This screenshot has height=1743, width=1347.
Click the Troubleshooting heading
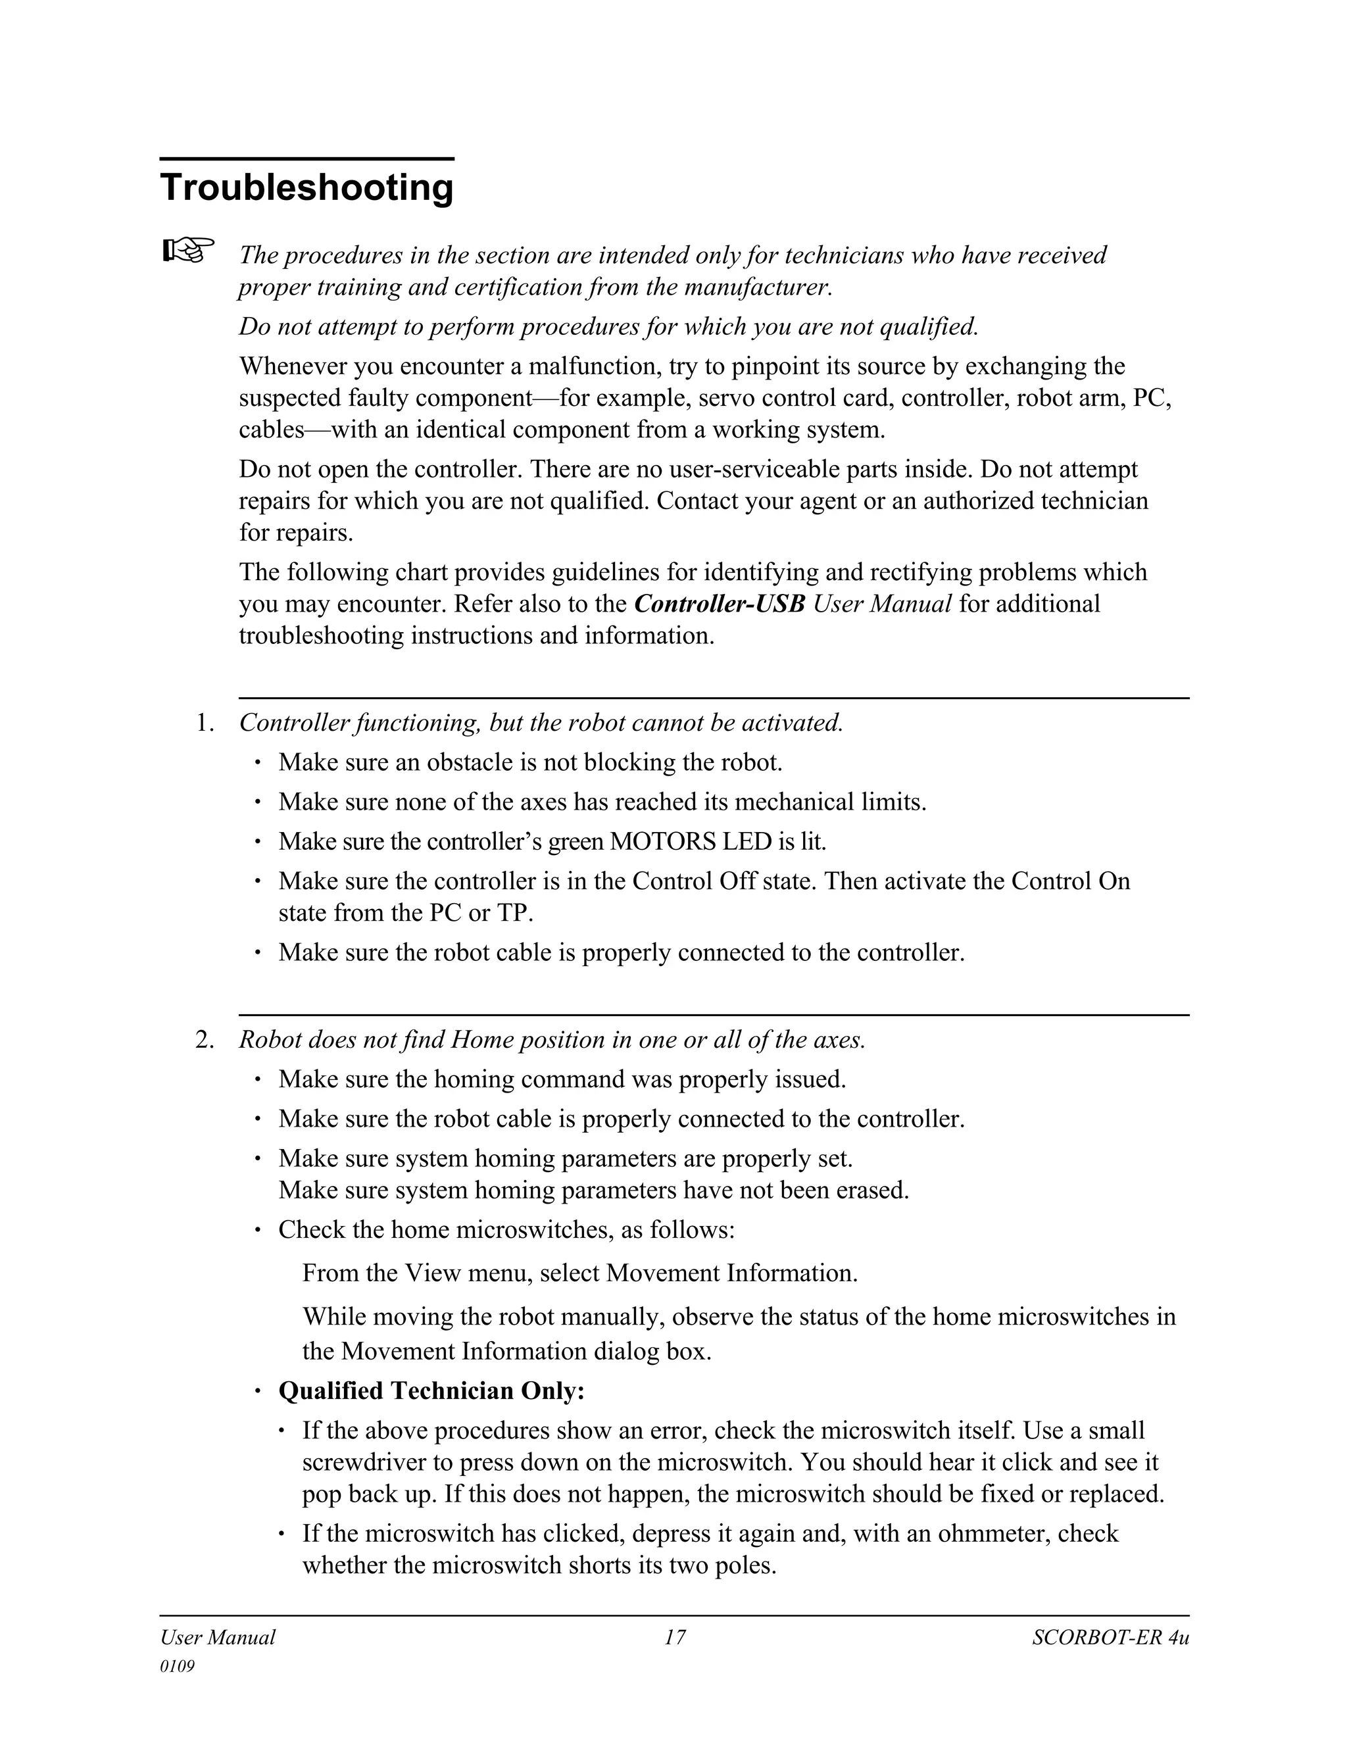[x=306, y=188]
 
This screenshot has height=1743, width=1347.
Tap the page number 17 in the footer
[x=674, y=1638]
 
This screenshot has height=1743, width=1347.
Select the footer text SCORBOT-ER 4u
[x=1110, y=1638]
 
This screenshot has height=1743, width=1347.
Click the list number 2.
[x=205, y=1040]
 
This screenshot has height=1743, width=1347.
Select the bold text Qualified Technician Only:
[x=431, y=1391]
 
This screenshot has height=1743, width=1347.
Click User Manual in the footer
[x=217, y=1638]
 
